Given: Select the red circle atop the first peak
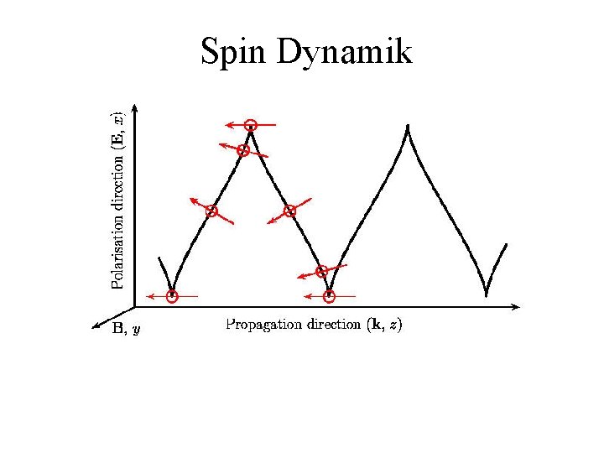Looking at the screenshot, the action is (x=251, y=125).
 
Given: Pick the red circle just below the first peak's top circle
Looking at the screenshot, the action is (x=243, y=150).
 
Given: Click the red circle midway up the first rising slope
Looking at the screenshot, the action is (x=211, y=211).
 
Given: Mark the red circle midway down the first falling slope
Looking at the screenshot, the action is (x=289, y=211).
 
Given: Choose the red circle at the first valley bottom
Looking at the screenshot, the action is (x=172, y=296).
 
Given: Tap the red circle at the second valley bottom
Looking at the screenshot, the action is (x=330, y=296).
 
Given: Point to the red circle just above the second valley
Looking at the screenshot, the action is (x=321, y=271).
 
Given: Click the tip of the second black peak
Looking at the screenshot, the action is (x=408, y=127).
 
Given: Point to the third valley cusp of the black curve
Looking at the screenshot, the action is (x=487, y=294).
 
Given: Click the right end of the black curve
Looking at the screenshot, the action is (x=507, y=244).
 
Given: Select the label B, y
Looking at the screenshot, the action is (x=127, y=330).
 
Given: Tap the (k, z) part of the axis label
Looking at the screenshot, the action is (x=385, y=325).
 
